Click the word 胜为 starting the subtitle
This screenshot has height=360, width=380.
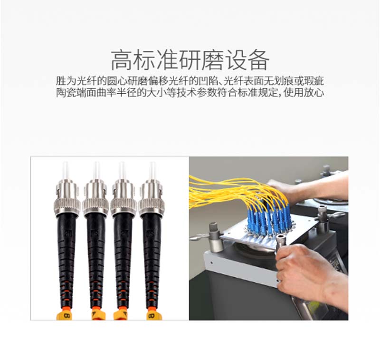tap(66, 81)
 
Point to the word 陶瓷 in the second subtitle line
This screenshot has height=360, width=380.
tap(66, 92)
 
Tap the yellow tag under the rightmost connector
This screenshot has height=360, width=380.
tap(152, 315)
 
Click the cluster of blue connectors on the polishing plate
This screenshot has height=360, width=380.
tap(268, 221)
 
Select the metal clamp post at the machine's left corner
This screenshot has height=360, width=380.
tap(215, 237)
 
